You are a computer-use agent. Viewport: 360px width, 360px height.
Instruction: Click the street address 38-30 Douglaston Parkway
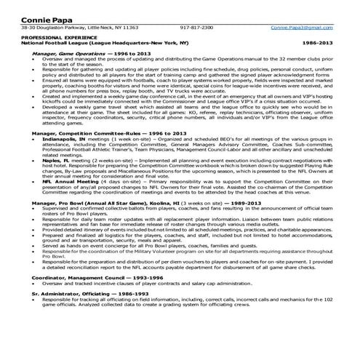pyautogui.click(x=51, y=27)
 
